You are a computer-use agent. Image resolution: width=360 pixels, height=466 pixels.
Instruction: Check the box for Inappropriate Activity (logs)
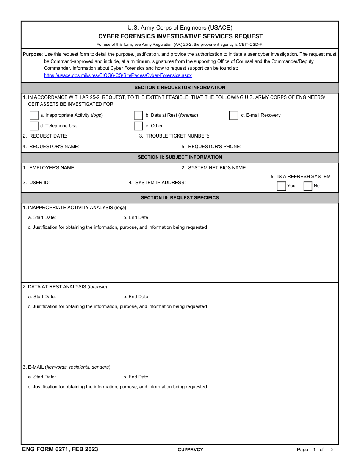34,116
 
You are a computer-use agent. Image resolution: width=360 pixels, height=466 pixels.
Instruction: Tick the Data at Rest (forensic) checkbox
138,116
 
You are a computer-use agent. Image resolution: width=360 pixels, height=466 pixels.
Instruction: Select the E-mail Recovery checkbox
234,116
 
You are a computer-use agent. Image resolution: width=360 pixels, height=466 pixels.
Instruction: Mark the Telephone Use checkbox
34,126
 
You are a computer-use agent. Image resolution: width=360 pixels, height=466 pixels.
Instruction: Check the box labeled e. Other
138,126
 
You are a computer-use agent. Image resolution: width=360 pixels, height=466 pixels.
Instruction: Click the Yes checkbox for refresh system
281,186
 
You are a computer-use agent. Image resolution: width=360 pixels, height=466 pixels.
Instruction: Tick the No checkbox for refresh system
308,186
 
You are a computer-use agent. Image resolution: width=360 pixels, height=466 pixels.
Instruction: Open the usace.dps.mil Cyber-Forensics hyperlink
117,75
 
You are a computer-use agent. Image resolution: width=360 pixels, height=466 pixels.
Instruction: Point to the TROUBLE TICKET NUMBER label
177,136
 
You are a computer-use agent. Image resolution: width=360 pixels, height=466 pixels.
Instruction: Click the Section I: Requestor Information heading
180,88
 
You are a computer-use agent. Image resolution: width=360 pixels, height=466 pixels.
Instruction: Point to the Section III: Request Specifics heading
180,198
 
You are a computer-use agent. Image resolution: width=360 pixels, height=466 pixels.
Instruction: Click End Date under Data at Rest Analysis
136,297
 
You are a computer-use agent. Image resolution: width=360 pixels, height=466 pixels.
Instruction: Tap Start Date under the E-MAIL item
42,377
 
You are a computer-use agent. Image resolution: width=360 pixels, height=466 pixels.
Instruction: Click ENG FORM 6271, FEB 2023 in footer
60,449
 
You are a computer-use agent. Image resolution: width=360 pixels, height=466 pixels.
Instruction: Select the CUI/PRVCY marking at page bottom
190,450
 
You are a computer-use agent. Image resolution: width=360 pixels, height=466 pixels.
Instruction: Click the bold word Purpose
32,54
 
